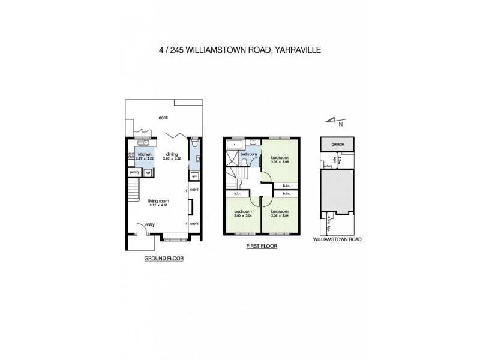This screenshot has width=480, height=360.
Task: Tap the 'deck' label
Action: pyautogui.click(x=163, y=118)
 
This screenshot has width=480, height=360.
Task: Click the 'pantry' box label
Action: pyautogui.click(x=134, y=173)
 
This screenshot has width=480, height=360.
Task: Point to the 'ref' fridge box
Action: pyautogui.click(x=148, y=173)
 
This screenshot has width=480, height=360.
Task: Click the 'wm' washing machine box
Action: pyautogui.click(x=194, y=176)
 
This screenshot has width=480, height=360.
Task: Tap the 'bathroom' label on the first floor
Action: pyautogui.click(x=248, y=154)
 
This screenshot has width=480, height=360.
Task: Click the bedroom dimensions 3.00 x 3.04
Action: pyautogui.click(x=242, y=215)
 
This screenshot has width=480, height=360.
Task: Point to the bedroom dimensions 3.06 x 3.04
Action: pyautogui.click(x=280, y=215)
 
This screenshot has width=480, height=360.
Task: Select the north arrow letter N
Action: pyautogui.click(x=341, y=124)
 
